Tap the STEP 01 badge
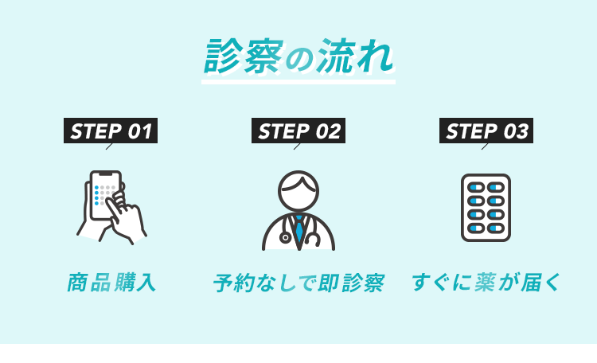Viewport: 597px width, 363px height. [110, 131]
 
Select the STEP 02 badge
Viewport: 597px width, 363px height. [298, 131]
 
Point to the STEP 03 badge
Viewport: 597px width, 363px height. [486, 131]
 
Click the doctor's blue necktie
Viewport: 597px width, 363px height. [298, 230]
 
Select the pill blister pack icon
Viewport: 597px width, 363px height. [486, 208]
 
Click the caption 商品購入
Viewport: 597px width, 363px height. [111, 283]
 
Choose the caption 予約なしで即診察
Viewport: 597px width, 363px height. [298, 283]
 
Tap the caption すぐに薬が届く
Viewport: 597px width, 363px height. [486, 283]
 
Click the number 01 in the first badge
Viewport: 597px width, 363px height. [139, 131]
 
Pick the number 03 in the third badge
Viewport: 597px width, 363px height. [516, 131]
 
